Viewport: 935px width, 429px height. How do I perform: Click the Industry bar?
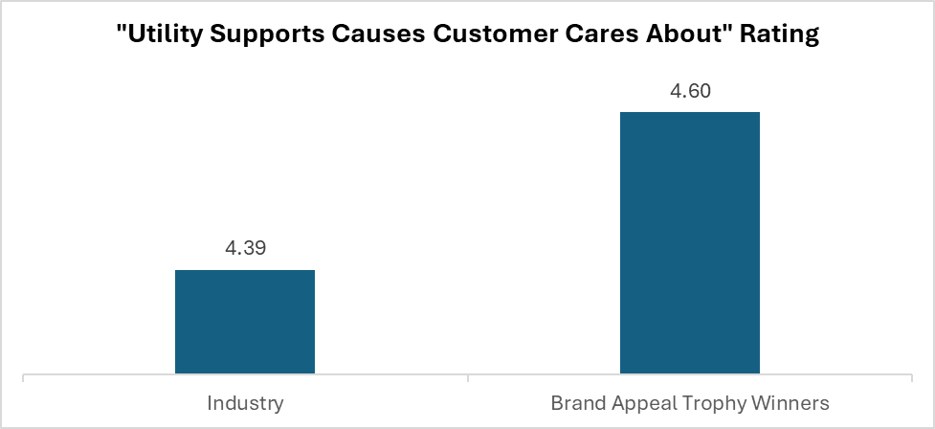245,322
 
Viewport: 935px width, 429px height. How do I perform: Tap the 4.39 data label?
245,248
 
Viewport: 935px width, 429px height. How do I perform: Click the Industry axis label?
245,402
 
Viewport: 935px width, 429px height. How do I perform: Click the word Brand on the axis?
576,402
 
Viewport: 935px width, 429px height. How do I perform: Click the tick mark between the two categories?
467,378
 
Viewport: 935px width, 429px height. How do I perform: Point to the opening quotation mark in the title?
120,31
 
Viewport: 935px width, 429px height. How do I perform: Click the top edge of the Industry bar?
245,271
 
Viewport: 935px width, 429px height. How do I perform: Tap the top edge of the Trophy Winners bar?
690,113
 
